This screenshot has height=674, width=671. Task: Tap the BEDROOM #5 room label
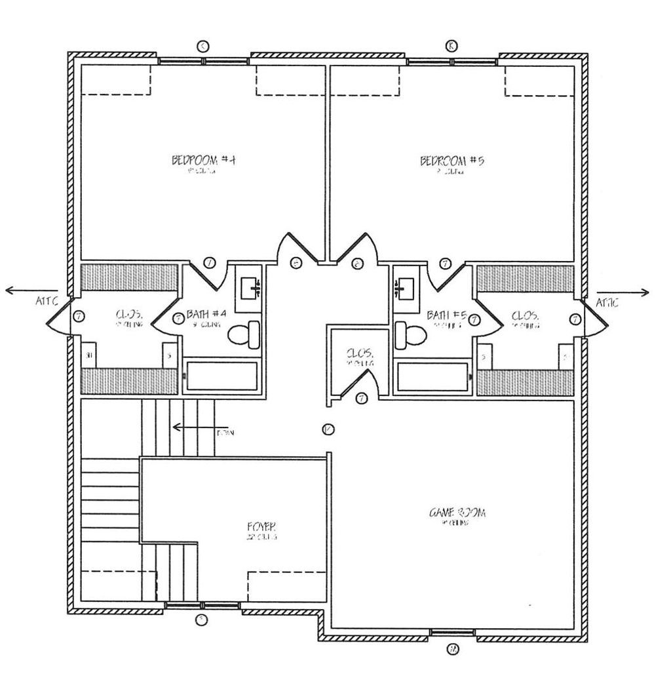[x=451, y=161]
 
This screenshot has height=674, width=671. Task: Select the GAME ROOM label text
[x=457, y=513]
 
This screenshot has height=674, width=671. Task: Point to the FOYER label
[x=261, y=526]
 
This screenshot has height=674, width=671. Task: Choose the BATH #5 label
[x=447, y=315]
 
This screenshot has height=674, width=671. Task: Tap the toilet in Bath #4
[x=244, y=334]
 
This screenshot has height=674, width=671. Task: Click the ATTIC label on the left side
[x=48, y=302]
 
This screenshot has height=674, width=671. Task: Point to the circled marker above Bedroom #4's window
[x=203, y=45]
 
